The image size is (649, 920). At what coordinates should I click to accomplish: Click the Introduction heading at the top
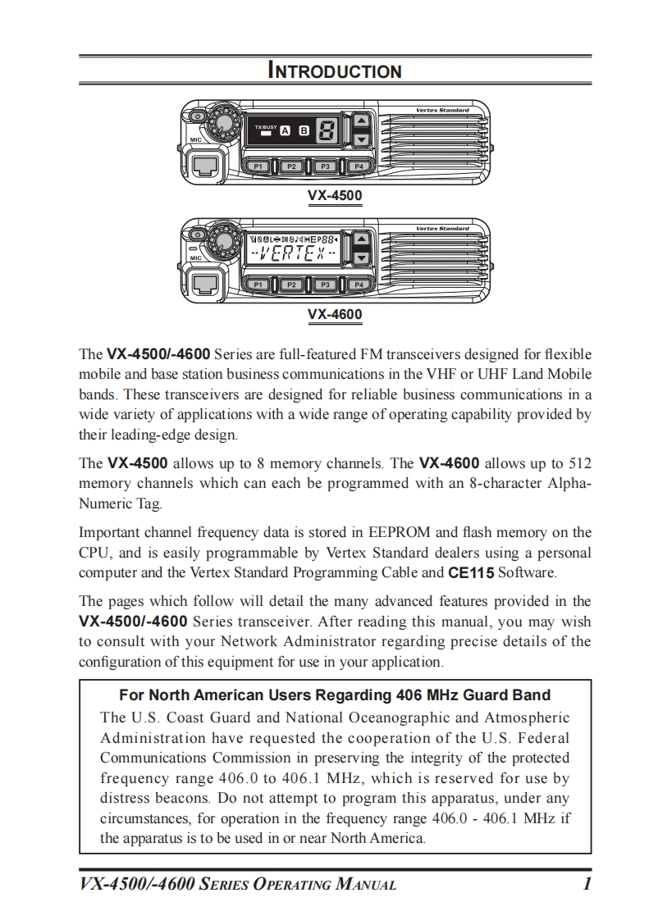335,71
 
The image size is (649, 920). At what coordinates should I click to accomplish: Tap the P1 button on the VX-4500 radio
258,166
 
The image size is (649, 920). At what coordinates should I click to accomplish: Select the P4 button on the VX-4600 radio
359,285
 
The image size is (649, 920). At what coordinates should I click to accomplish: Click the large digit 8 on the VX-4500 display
327,130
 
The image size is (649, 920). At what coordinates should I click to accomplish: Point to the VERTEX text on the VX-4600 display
293,252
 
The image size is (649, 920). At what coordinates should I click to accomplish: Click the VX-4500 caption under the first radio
335,196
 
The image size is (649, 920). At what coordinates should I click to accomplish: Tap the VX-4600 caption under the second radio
335,314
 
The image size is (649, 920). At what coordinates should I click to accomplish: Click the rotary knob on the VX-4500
221,124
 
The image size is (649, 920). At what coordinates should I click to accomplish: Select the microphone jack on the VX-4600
203,284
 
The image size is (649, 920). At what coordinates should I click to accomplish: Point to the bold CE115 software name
471,572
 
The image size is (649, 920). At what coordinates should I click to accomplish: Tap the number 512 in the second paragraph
579,463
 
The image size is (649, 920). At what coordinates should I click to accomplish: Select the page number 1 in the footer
587,884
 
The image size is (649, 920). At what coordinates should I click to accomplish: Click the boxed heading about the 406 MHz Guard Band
335,695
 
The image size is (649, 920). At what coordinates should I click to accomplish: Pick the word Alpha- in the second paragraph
564,483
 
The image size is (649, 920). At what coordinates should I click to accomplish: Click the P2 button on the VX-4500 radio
291,166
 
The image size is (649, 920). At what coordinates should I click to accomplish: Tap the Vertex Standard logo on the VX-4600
442,228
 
